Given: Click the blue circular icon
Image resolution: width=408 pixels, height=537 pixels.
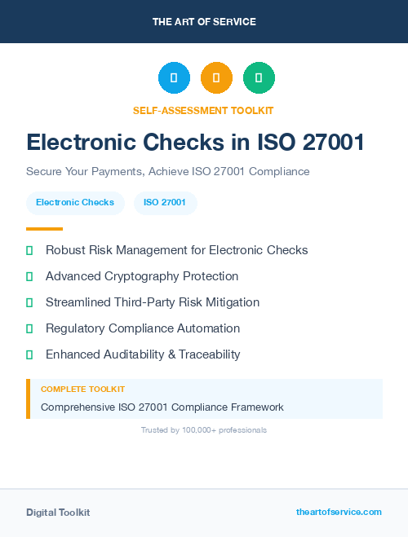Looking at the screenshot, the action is (174, 78).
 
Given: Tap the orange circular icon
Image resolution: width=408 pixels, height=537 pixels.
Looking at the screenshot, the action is (216, 78).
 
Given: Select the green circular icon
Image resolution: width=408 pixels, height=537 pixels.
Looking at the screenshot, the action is (259, 78).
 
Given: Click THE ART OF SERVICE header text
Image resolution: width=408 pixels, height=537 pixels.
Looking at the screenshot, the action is (204, 21).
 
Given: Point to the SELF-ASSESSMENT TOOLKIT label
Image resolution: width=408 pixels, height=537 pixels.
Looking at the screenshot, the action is (203, 110).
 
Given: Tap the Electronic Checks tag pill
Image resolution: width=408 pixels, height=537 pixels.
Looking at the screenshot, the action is (75, 202).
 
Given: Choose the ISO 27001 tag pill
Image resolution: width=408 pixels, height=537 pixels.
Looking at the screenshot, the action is (165, 202).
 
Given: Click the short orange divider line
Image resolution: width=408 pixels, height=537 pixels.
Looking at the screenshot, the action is (44, 229).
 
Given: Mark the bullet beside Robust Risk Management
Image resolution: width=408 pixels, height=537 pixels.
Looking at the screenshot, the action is (29, 250).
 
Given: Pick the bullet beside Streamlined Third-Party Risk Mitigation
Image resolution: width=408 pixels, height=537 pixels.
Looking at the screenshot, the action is (29, 302).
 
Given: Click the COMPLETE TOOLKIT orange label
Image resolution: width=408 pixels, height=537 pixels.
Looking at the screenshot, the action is (82, 390).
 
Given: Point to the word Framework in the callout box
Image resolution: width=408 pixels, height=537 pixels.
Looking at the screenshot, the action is (253, 407).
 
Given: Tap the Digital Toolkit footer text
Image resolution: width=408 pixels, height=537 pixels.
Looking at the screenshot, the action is (58, 513).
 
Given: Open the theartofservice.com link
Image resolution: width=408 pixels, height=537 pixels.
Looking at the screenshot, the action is (339, 512).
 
